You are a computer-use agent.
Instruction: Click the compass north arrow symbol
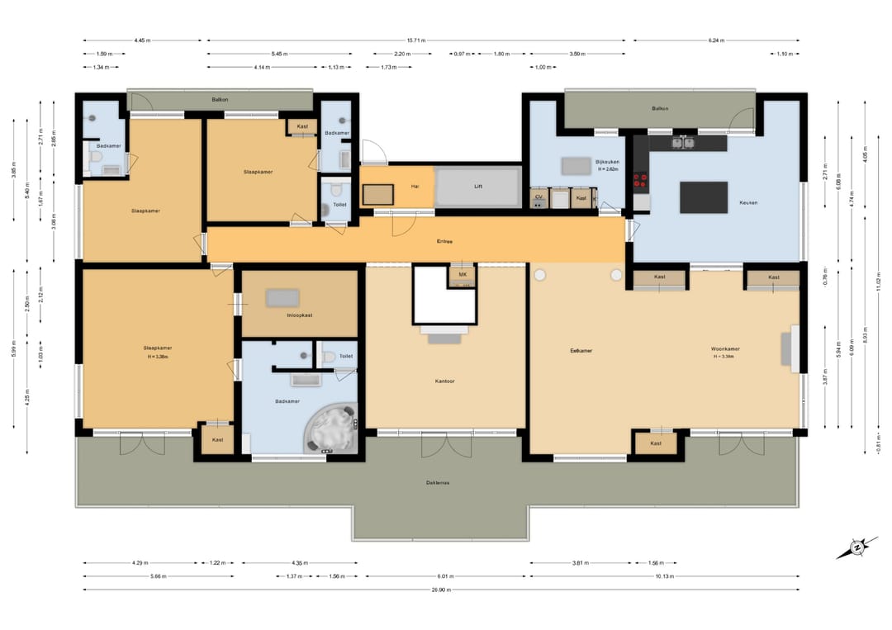point(857,547)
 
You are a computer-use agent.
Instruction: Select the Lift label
point(478,187)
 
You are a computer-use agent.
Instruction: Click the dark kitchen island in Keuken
point(704,197)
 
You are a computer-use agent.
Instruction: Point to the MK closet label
point(463,274)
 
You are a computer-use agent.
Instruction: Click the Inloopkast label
point(299,315)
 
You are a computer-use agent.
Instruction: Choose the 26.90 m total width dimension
point(441,590)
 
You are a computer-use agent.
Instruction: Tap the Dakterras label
point(438,482)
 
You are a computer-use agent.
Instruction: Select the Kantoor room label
point(445,381)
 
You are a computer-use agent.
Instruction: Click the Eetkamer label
point(581,351)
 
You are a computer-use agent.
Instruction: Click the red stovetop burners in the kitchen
point(640,180)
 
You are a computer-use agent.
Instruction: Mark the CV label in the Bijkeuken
point(539,198)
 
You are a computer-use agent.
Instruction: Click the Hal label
point(415,187)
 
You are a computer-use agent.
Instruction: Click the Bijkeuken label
point(607,162)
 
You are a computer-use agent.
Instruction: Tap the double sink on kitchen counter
point(683,143)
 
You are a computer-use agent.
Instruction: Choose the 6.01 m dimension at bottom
point(445,576)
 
